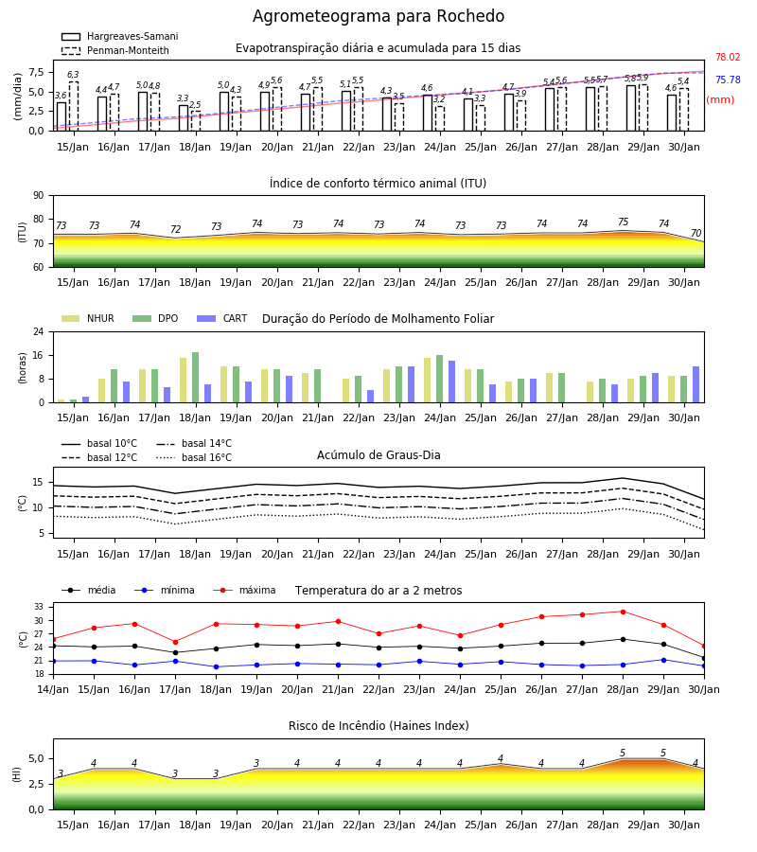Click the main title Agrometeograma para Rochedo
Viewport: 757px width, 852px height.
click(x=378, y=16)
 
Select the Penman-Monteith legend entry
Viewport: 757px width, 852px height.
click(x=115, y=50)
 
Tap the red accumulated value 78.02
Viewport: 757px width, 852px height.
click(x=728, y=57)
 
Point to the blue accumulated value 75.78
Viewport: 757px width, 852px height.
click(x=728, y=80)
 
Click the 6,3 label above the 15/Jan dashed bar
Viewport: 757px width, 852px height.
click(x=73, y=75)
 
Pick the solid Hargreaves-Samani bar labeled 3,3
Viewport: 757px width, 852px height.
click(x=184, y=118)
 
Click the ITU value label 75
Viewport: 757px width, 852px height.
click(x=623, y=222)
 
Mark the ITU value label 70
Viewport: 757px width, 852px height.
click(x=695, y=233)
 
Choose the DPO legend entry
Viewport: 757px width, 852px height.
click(x=155, y=318)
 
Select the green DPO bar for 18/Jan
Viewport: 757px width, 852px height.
click(x=196, y=378)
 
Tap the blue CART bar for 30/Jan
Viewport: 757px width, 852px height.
click(x=696, y=384)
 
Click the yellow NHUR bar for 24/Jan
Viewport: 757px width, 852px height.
click(x=428, y=381)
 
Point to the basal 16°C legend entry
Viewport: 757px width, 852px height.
click(x=194, y=457)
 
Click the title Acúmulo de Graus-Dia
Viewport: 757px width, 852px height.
click(x=378, y=454)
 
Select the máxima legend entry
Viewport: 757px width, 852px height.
click(x=244, y=590)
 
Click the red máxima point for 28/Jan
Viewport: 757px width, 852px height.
click(x=623, y=612)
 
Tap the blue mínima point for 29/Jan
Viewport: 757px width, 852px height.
click(x=663, y=660)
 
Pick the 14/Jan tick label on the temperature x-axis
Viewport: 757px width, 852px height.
click(x=53, y=689)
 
